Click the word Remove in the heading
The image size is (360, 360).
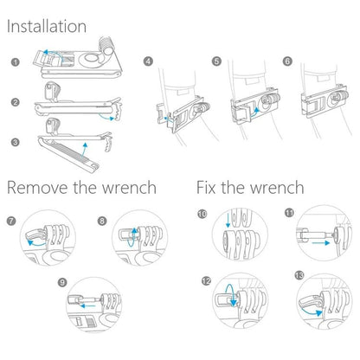pyautogui.click(x=40, y=188)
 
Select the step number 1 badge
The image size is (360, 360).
pyautogui.click(x=16, y=63)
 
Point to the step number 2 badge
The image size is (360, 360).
pyautogui.click(x=16, y=102)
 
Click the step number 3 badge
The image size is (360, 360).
pyautogui.click(x=16, y=141)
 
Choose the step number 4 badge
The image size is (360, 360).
pyautogui.click(x=148, y=62)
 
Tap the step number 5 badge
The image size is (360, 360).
pyautogui.click(x=217, y=62)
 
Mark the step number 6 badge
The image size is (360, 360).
pyautogui.click(x=286, y=62)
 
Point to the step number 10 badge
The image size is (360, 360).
pyautogui.click(x=202, y=214)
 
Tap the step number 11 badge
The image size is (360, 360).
pyautogui.click(x=288, y=214)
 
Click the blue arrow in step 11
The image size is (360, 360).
pyautogui.click(x=321, y=245)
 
